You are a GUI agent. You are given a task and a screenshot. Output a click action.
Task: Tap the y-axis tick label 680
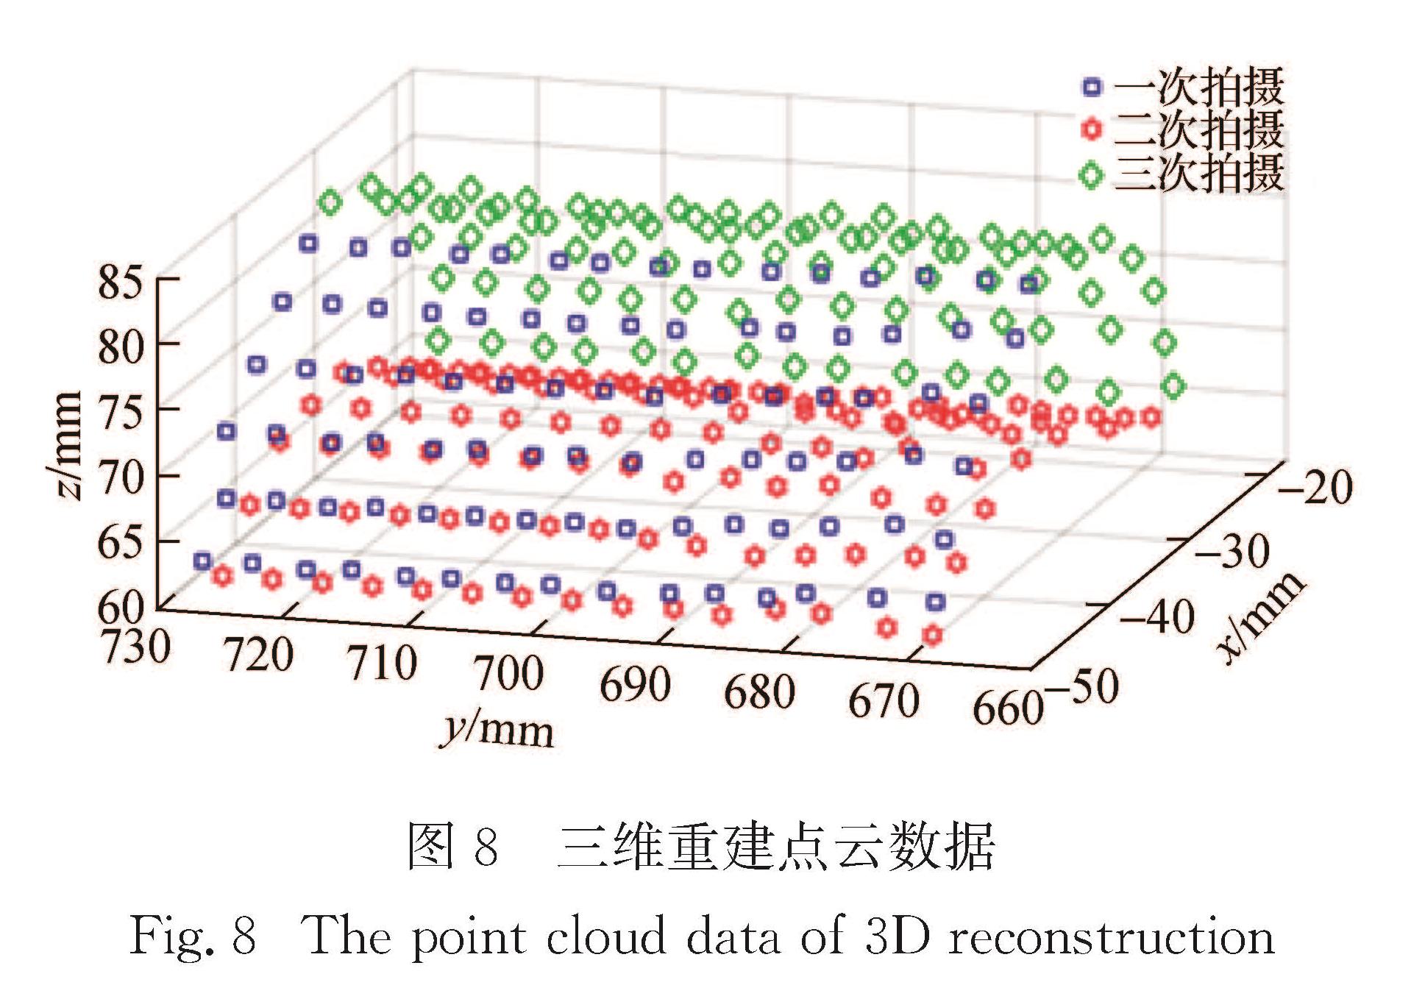(x=759, y=691)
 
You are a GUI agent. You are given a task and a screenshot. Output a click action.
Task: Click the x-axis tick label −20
(x=1315, y=486)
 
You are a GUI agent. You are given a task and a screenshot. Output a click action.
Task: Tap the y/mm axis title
(x=497, y=730)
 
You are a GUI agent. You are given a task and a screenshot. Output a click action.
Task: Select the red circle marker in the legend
(x=1092, y=130)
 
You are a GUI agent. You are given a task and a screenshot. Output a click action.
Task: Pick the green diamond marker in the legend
(x=1092, y=175)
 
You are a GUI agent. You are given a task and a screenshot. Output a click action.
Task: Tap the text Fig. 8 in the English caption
(x=193, y=936)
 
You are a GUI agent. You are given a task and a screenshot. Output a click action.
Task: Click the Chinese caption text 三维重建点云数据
(x=775, y=847)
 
